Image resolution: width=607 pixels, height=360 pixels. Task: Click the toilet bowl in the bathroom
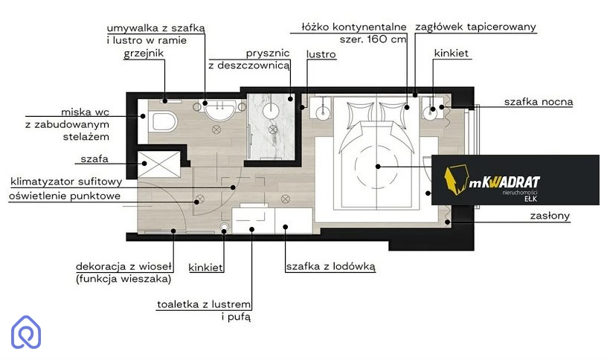[164, 120]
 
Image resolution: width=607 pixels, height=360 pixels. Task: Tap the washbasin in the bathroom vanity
[219, 109]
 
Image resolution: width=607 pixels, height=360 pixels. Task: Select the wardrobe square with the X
[158, 164]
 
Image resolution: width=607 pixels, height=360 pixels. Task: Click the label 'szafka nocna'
[538, 102]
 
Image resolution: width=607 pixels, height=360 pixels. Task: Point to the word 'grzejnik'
[144, 53]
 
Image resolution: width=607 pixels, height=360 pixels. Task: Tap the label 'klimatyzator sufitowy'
[66, 181]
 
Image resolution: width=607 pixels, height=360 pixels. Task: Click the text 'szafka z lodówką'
[330, 266]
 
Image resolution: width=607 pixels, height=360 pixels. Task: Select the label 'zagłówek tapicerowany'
[475, 27]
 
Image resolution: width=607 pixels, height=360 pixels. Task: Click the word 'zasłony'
[550, 216]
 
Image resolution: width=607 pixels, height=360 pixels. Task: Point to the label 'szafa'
[94, 158]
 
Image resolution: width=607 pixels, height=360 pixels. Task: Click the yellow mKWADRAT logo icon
[456, 179]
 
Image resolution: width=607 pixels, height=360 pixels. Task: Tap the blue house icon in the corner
[26, 332]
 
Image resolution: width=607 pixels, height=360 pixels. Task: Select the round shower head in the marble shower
[271, 111]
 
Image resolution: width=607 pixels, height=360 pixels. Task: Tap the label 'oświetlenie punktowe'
[65, 196]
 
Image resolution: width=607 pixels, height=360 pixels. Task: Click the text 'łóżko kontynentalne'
[354, 27]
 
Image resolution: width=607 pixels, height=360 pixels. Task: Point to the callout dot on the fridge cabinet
[286, 227]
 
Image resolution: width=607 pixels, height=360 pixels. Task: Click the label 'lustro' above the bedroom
[321, 54]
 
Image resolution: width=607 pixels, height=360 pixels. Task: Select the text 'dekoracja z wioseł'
[123, 266]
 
